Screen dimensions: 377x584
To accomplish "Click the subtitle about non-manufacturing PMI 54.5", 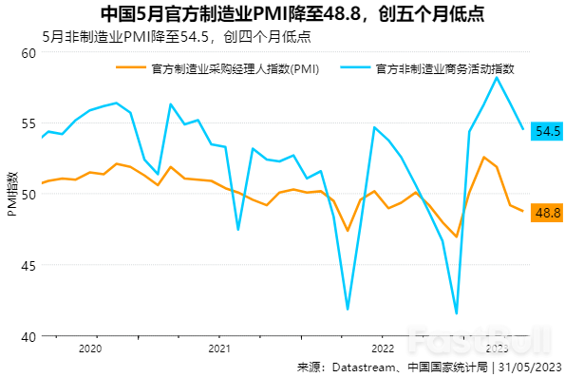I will click(177, 37).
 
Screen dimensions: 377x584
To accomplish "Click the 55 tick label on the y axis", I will click(28, 123).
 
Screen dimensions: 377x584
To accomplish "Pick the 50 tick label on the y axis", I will click(28, 195).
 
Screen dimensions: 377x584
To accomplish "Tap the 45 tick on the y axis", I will click(28, 266).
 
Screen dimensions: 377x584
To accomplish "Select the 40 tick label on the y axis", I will click(28, 336).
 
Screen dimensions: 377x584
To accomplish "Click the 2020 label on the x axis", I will click(89, 349).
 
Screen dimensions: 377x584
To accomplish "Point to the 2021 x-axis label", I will click(219, 349).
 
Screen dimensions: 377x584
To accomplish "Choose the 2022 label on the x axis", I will click(382, 349).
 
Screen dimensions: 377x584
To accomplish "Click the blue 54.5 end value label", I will click(549, 131).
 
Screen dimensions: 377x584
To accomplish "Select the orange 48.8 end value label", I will click(549, 213).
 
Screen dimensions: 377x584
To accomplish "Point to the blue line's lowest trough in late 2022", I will click(457, 313).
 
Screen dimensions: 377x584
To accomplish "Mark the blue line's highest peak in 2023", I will click(497, 77).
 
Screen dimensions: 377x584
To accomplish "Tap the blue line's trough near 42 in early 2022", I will click(348, 310).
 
